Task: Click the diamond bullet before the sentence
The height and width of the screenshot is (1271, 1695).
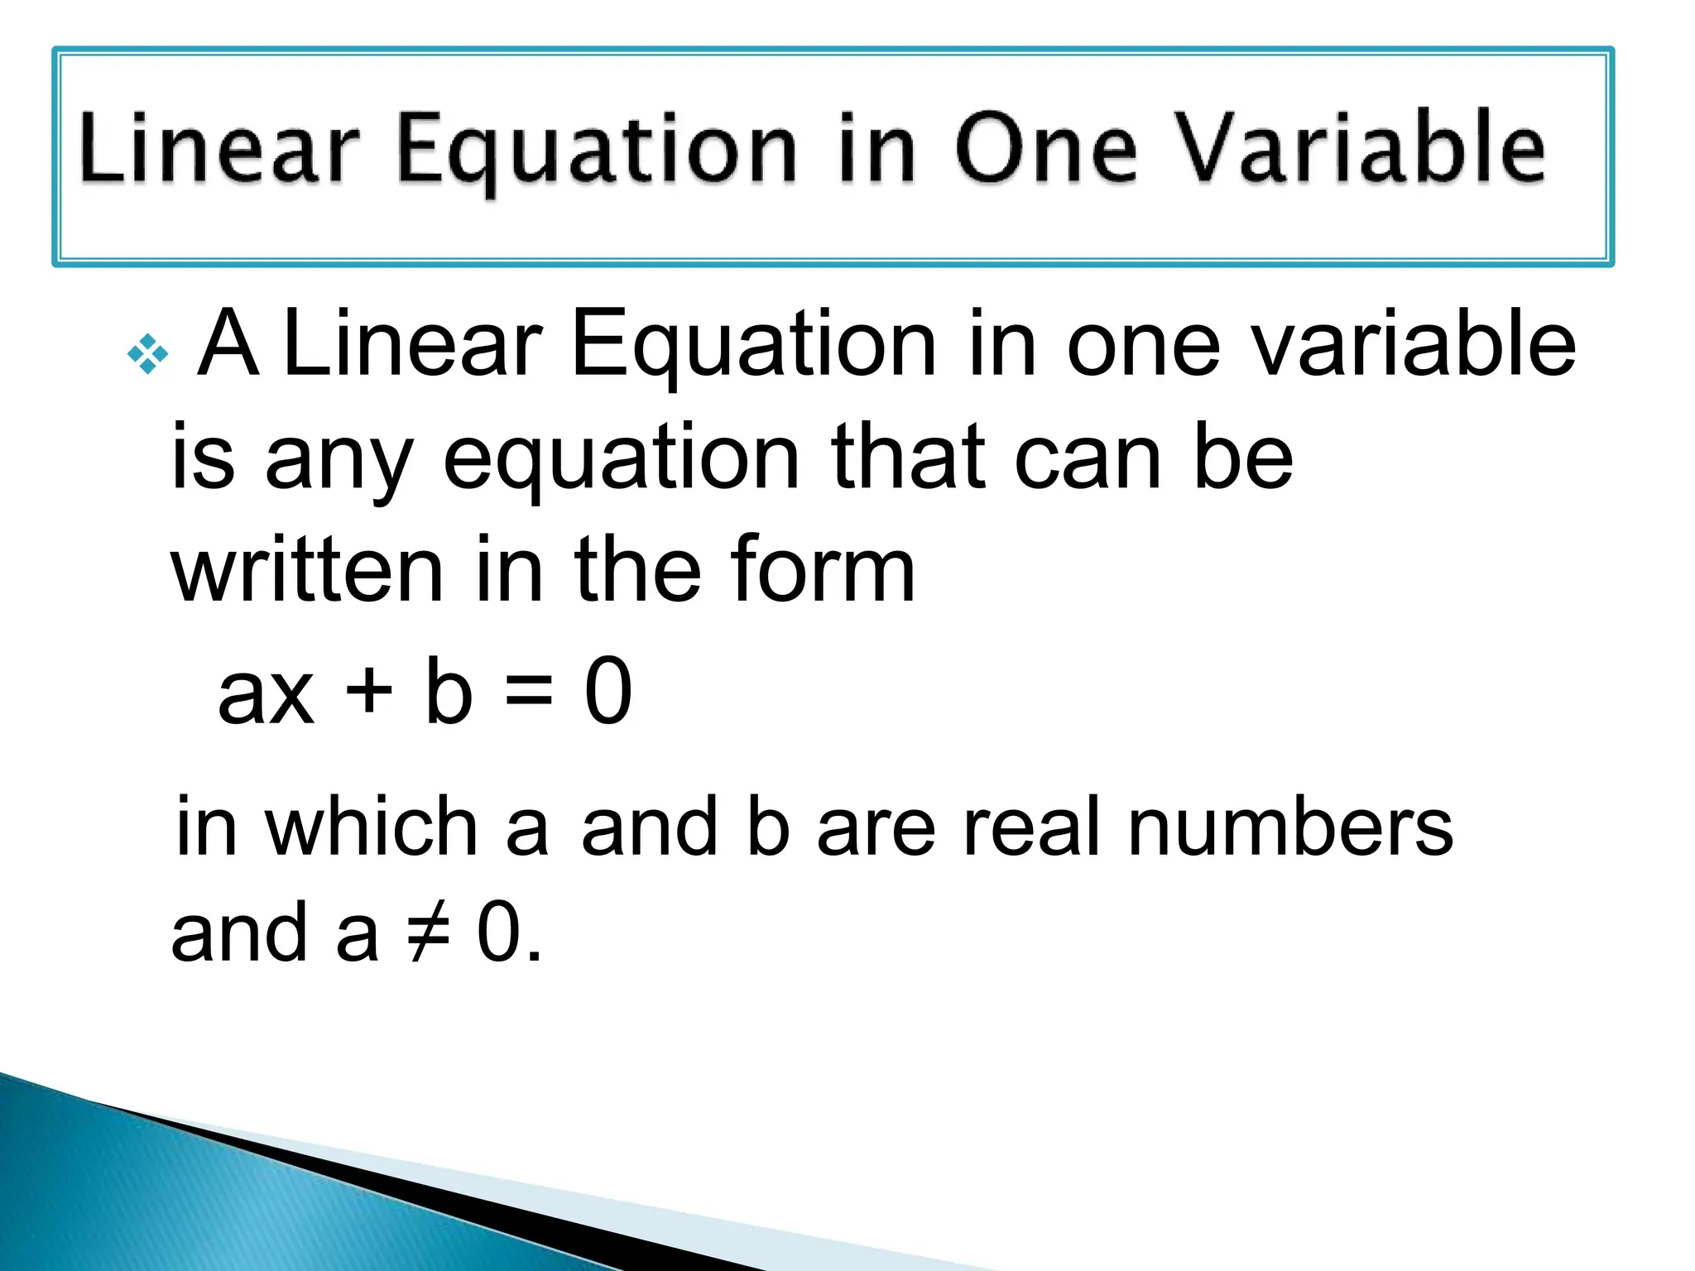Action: [x=148, y=353]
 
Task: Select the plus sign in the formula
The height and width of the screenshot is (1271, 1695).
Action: [x=369, y=691]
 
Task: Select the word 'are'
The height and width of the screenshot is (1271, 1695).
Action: [x=876, y=828]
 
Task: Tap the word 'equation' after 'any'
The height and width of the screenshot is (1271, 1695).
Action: [x=622, y=460]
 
